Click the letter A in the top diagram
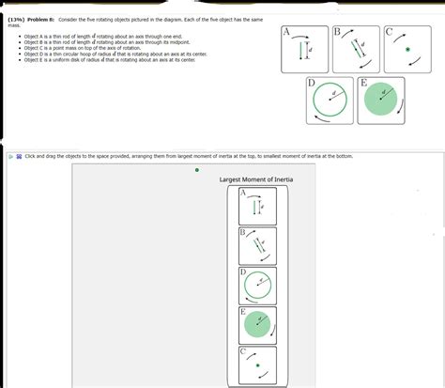coord(286,31)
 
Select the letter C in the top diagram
coord(390,31)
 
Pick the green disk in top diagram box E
coord(380,99)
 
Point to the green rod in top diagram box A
coord(302,50)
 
